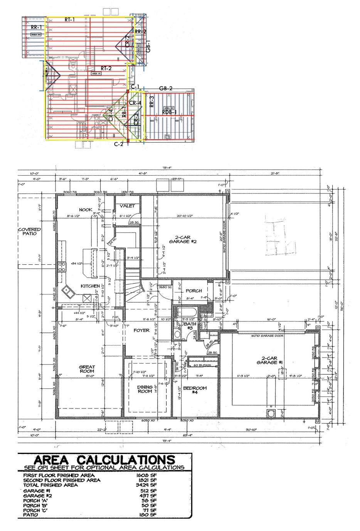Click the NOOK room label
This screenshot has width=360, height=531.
[x=86, y=210]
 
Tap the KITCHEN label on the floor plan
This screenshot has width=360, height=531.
[x=90, y=286]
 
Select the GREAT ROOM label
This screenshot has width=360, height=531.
[x=87, y=369]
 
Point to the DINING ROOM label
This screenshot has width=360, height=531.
[x=145, y=389]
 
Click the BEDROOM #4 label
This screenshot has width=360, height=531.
[x=195, y=390]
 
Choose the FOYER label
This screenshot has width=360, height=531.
[x=141, y=330]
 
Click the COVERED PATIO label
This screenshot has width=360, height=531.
[x=30, y=232]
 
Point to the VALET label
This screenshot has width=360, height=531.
[x=127, y=206]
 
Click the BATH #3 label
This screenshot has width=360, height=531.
[x=190, y=326]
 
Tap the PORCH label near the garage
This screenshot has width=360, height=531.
[x=193, y=291]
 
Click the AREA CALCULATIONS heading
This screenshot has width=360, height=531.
[x=104, y=460]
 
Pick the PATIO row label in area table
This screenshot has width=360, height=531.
[x=30, y=515]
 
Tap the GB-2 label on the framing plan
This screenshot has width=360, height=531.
[x=165, y=88]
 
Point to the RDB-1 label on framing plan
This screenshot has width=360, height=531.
[x=169, y=112]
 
